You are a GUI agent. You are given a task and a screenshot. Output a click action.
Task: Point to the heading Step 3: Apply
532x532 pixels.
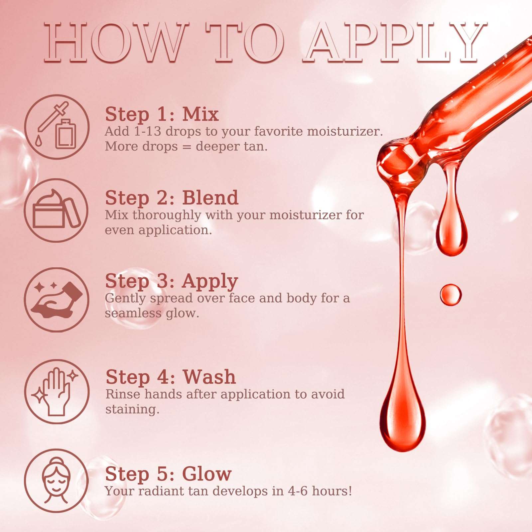(172, 281)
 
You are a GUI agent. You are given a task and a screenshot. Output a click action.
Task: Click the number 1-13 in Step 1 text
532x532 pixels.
(147, 131)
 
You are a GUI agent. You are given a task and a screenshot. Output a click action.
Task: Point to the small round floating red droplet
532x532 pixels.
(451, 295)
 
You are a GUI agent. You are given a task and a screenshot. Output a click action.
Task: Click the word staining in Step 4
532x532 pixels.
(132, 410)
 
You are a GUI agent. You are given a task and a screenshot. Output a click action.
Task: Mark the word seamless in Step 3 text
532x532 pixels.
(133, 313)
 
